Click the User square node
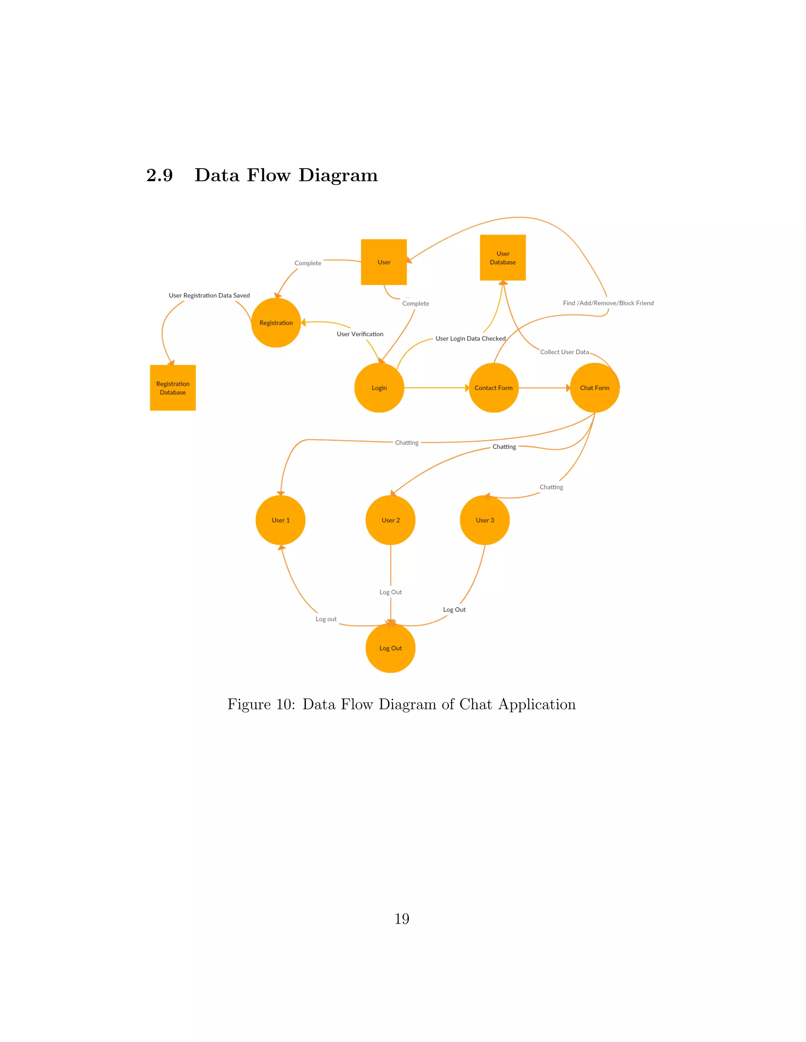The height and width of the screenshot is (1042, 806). pyautogui.click(x=383, y=262)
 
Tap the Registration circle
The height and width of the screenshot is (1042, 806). pyautogui.click(x=276, y=322)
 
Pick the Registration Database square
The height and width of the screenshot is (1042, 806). pyautogui.click(x=173, y=388)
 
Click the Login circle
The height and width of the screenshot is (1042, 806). pyautogui.click(x=379, y=388)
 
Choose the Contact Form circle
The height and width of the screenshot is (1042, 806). pyautogui.click(x=493, y=388)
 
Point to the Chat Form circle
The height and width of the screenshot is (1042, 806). pyautogui.click(x=595, y=388)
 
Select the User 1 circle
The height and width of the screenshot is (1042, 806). pyautogui.click(x=280, y=520)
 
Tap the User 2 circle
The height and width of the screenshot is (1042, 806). pyautogui.click(x=390, y=520)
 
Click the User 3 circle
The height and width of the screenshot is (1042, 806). pyautogui.click(x=484, y=520)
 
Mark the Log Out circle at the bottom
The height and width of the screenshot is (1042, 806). pyautogui.click(x=390, y=648)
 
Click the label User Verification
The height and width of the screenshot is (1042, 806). pyautogui.click(x=360, y=334)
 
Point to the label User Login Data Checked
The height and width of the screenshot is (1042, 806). pyautogui.click(x=470, y=339)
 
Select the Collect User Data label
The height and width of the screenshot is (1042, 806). pyautogui.click(x=564, y=352)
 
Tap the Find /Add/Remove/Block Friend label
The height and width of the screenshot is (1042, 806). pyautogui.click(x=608, y=303)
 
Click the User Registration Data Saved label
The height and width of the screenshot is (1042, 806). pyautogui.click(x=209, y=295)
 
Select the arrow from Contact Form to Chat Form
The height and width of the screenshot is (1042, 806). pyautogui.click(x=544, y=388)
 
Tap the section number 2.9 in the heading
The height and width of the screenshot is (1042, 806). pyautogui.click(x=159, y=175)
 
